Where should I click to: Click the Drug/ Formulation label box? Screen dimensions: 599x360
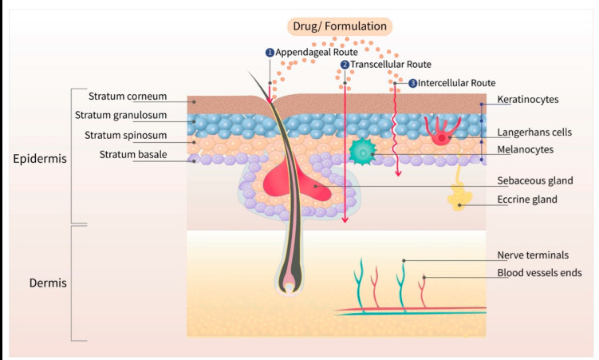[340, 26]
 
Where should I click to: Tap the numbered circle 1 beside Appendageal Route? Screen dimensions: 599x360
[270, 53]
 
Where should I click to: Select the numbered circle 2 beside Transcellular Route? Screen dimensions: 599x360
[345, 65]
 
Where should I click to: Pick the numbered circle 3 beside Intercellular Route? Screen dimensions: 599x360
[412, 83]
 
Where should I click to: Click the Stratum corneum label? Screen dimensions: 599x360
[128, 97]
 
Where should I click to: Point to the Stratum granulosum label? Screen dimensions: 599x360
[120, 115]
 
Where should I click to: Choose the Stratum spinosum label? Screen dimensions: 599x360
[126, 135]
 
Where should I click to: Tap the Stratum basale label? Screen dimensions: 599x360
[133, 154]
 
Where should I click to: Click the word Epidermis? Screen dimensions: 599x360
[40, 159]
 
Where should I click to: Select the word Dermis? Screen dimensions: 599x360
[48, 283]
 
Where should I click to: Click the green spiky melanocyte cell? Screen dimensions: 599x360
[362, 152]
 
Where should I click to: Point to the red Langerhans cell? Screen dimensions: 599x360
[443, 131]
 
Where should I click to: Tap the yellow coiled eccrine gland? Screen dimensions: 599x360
[459, 196]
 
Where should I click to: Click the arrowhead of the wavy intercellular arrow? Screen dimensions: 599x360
[398, 173]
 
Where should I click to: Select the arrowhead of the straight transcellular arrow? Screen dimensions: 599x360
[345, 220]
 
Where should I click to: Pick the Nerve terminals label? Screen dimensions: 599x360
[533, 255]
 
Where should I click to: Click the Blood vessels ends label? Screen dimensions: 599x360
[539, 273]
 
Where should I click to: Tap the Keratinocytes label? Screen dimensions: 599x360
[527, 99]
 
